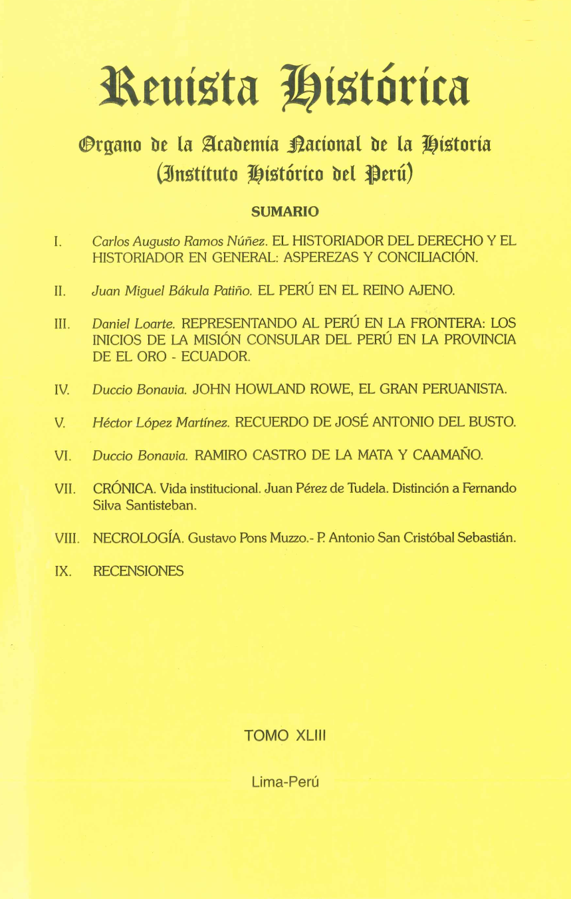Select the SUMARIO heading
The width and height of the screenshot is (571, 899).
click(x=285, y=212)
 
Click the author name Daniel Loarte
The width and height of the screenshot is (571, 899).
click(x=134, y=324)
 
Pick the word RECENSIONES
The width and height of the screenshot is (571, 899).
click(x=138, y=571)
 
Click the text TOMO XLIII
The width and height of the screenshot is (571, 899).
click(x=285, y=735)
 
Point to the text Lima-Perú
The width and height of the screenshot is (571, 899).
click(x=286, y=783)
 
